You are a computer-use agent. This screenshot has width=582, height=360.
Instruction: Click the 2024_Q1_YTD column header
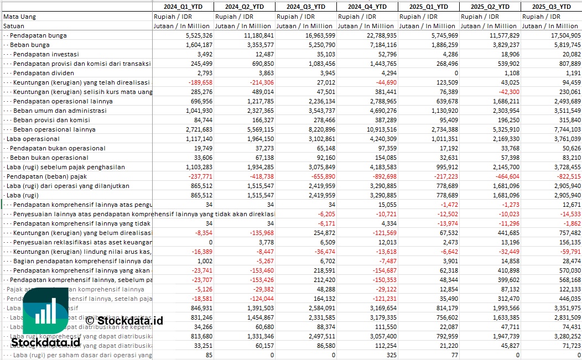(x=183, y=7)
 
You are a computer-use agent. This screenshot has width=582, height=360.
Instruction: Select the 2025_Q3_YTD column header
(x=551, y=7)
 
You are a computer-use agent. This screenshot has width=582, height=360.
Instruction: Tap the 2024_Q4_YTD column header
(x=367, y=7)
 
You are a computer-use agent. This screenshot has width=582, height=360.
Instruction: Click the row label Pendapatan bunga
(x=38, y=35)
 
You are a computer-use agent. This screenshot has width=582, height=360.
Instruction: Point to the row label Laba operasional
(x=33, y=139)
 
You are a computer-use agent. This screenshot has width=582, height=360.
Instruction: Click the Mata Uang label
(x=19, y=17)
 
